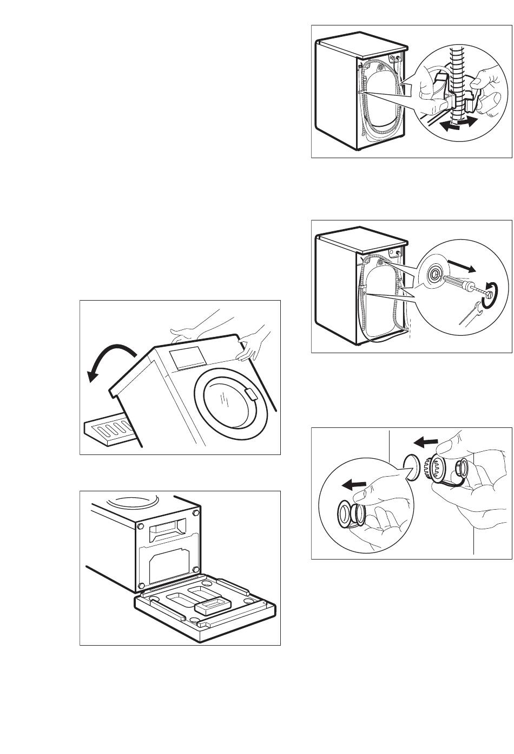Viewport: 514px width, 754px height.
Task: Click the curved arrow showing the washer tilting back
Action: [108, 362]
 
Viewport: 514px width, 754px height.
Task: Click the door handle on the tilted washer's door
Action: [251, 394]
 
